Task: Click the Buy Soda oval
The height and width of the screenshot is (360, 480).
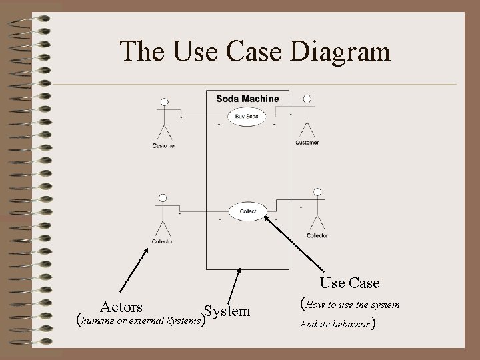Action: [x=247, y=118]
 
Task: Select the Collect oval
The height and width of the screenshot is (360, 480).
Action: [x=247, y=211]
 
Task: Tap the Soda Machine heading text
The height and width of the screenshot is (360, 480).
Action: [x=247, y=99]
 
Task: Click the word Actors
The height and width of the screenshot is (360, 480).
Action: [x=121, y=307]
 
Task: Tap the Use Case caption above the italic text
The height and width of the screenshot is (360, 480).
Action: [x=350, y=283]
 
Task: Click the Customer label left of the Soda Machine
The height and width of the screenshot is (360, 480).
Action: [x=164, y=146]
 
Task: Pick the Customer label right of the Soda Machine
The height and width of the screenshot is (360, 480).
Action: [x=307, y=142]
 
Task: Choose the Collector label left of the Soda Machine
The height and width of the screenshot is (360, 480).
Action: [x=162, y=241]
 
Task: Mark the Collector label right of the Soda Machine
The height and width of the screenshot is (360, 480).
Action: [x=317, y=235]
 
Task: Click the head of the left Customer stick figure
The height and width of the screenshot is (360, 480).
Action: [x=163, y=103]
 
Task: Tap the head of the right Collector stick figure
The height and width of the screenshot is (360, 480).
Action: [x=317, y=193]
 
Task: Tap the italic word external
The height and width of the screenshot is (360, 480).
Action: [x=152, y=320]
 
